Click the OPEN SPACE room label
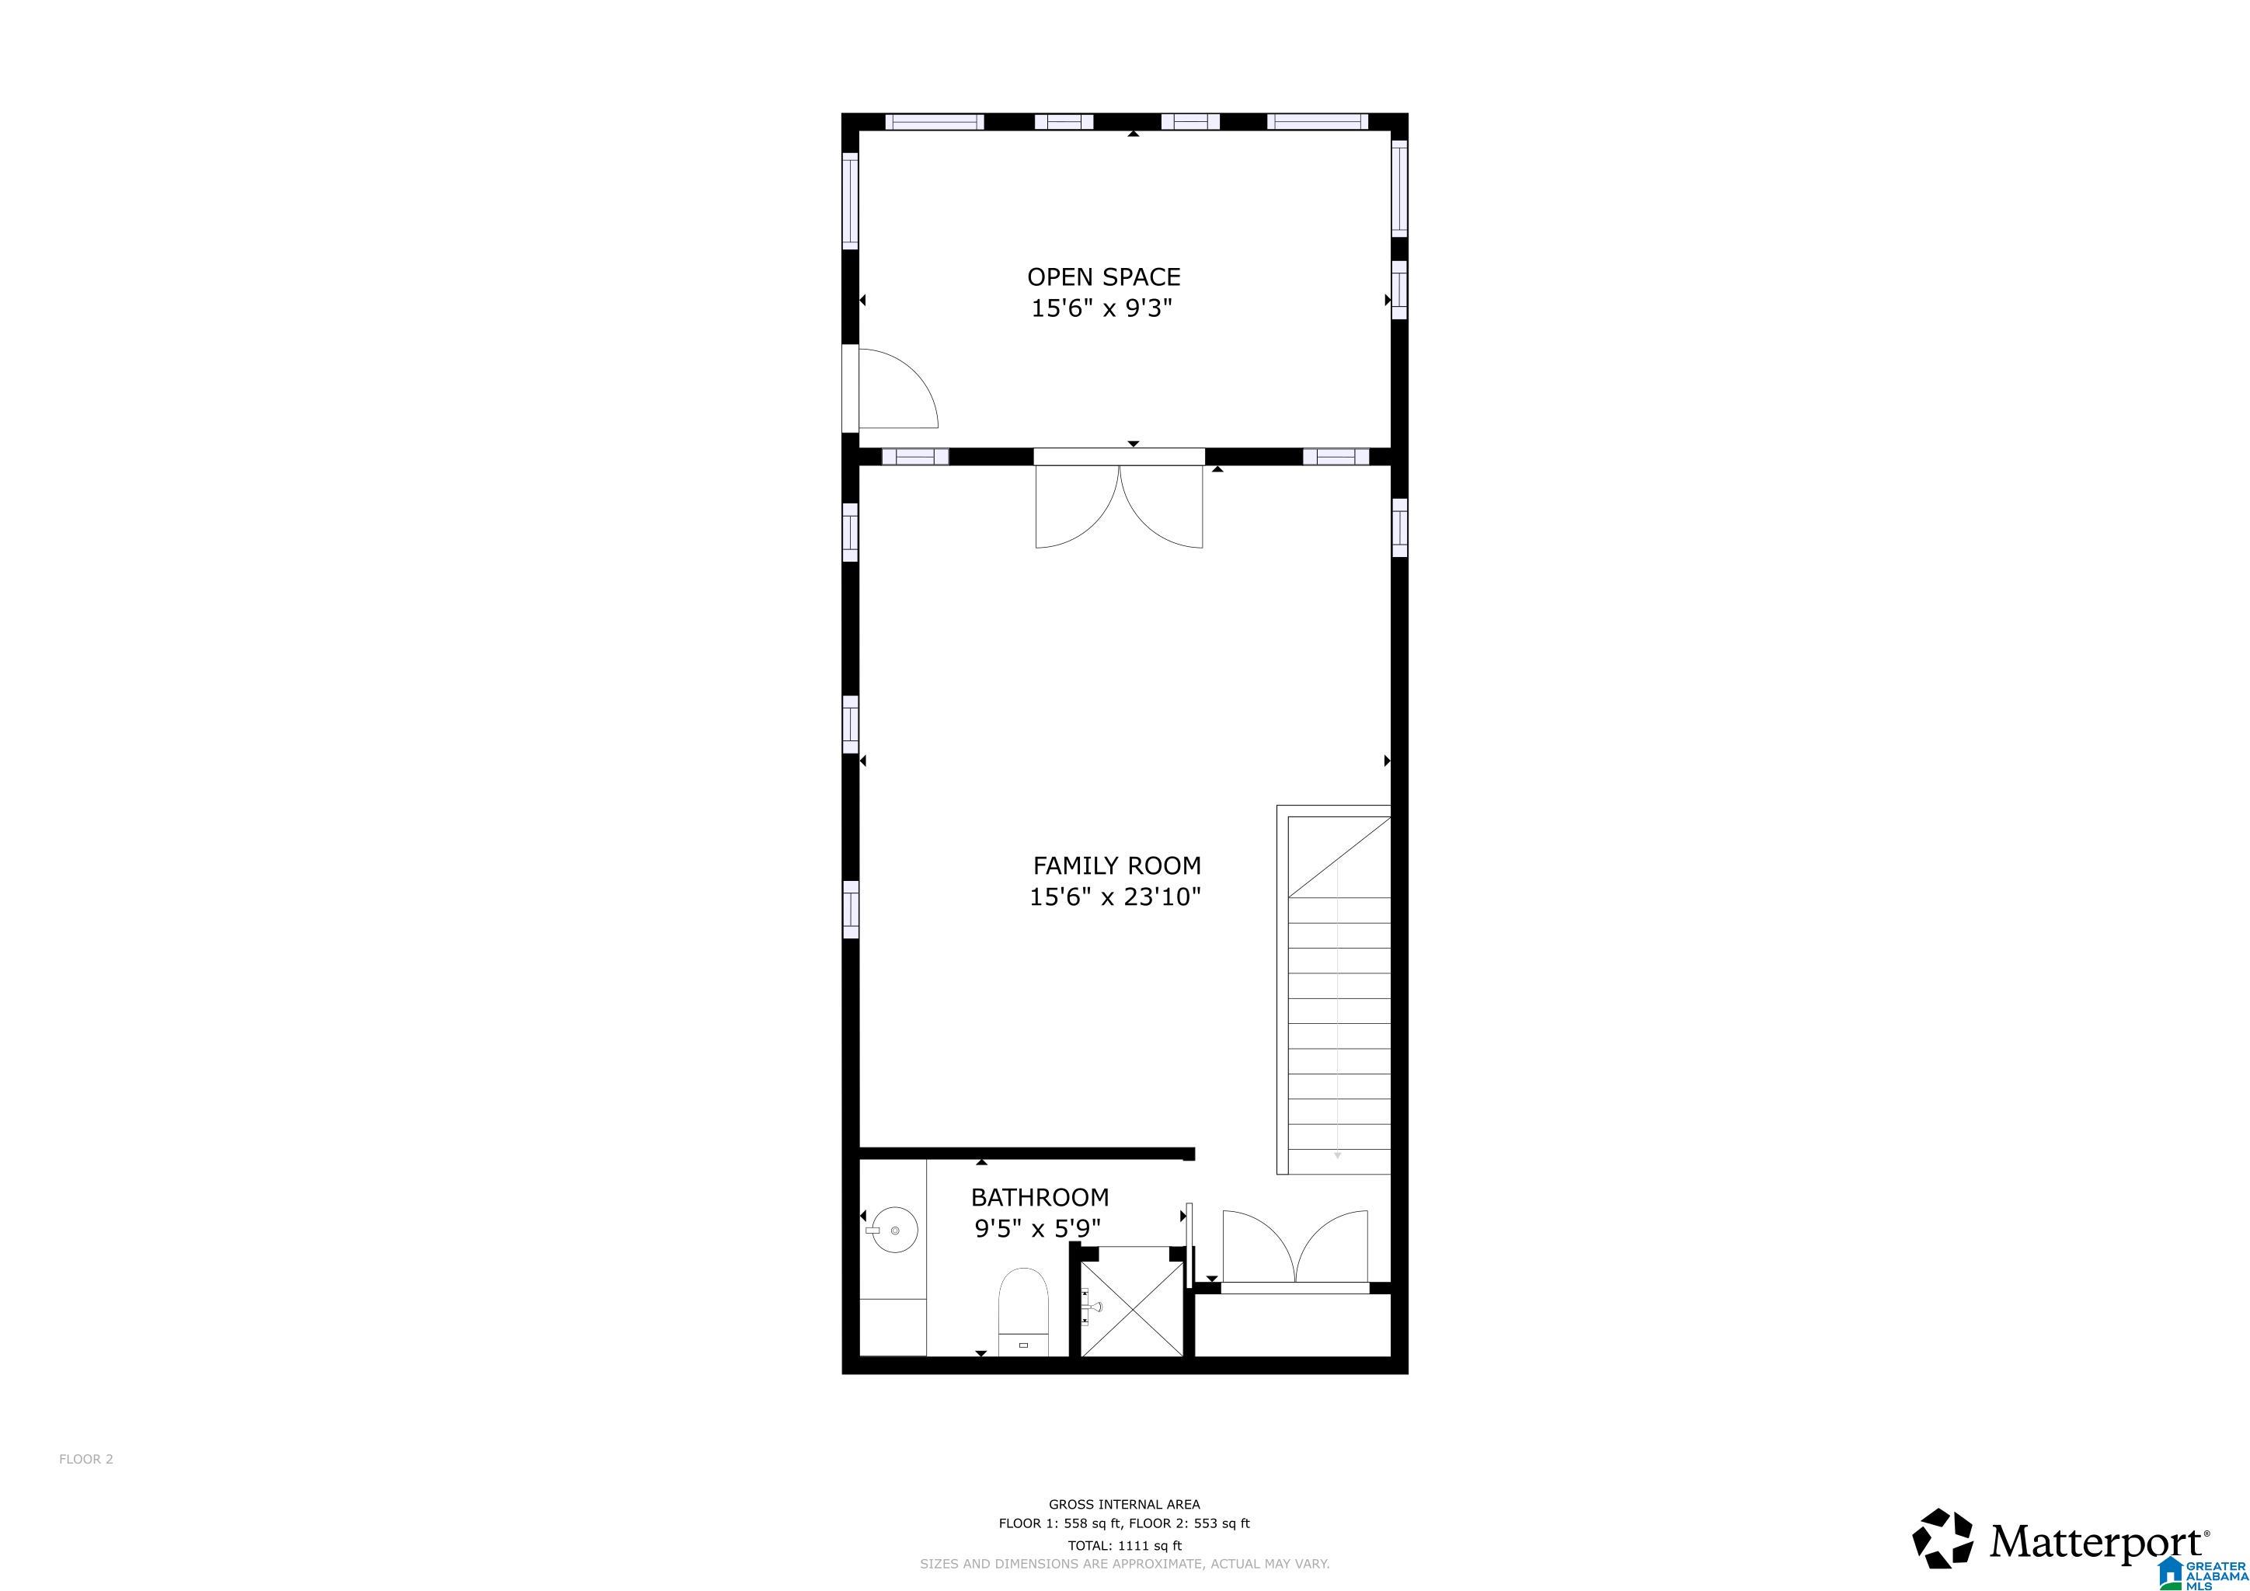coord(1103,277)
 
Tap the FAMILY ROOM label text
coord(1116,866)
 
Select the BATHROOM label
coord(1040,1197)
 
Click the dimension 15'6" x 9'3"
coord(1102,308)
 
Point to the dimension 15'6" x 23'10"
coord(1115,896)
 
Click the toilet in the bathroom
coord(1023,1313)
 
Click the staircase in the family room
coord(1334,990)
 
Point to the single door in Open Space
coord(897,388)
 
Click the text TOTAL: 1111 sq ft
coord(1125,1546)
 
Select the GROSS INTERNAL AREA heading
coord(1124,1504)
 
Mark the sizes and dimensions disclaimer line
coord(1124,1565)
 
